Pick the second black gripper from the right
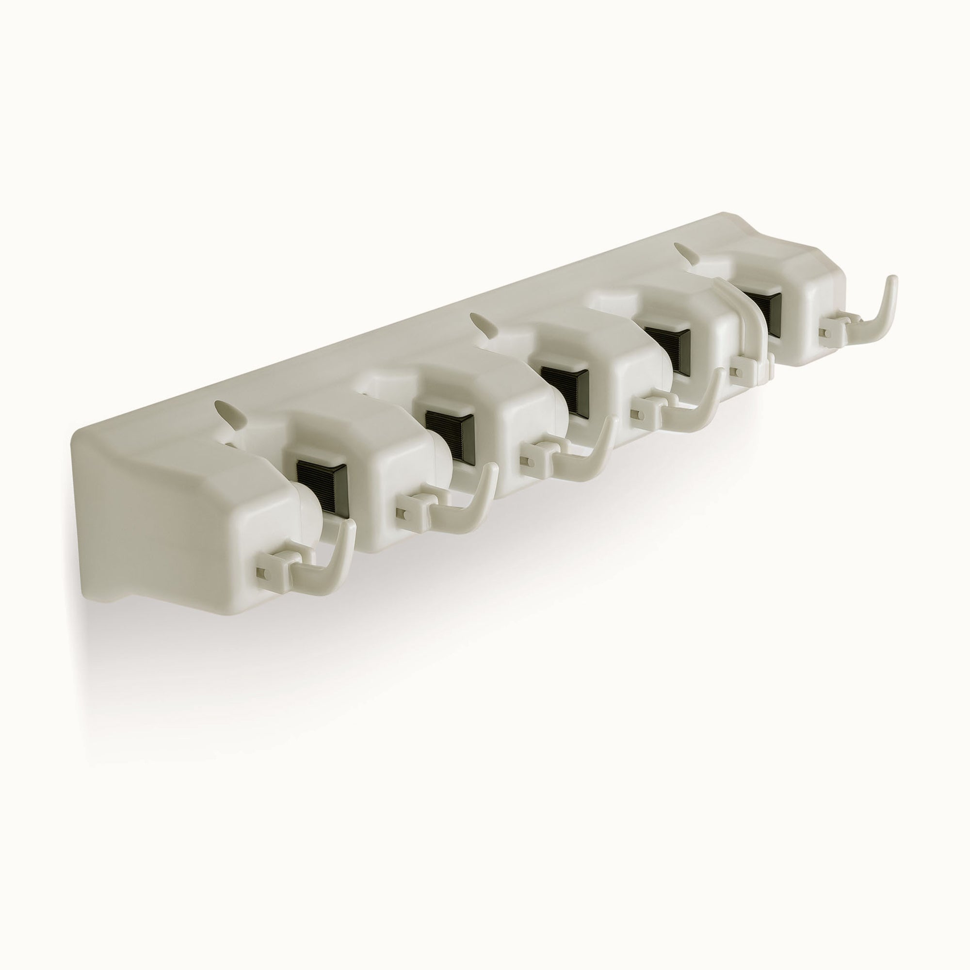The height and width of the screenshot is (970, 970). coord(666,341)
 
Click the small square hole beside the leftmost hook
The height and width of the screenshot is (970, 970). coord(260,572)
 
